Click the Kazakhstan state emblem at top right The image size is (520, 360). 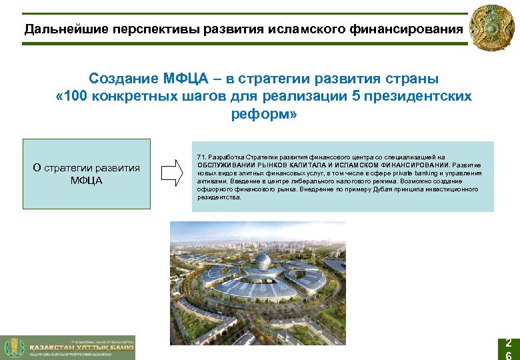click(494, 29)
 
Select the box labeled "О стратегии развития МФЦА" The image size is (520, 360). click(87, 174)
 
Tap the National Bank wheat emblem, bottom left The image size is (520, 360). click(13, 348)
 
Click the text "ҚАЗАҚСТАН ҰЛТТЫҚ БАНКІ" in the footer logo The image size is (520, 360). click(81, 347)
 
